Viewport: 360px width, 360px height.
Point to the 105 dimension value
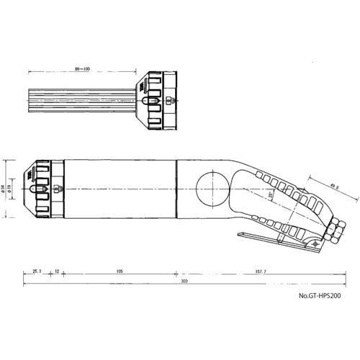pyautogui.click(x=120, y=271)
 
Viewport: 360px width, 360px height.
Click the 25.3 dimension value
pyautogui.click(x=37, y=271)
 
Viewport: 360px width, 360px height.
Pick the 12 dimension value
pyautogui.click(x=57, y=271)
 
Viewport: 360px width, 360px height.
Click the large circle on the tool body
pyautogui.click(x=212, y=189)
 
